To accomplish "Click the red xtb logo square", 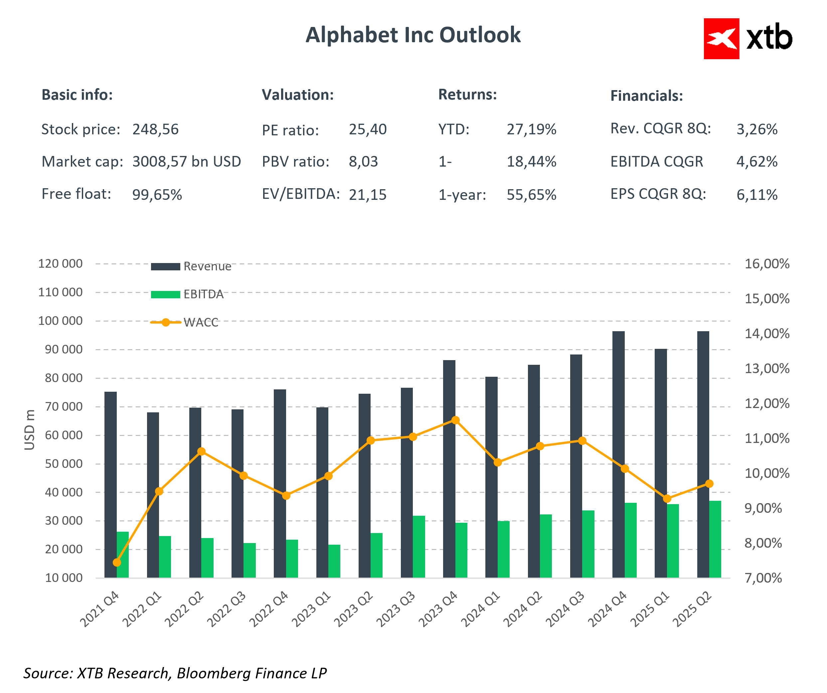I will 721,39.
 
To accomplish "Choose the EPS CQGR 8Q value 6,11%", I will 756,195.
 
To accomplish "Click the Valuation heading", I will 298,95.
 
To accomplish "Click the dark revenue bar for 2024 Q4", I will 618,453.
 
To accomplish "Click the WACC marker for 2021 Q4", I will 116,562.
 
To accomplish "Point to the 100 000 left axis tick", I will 60,321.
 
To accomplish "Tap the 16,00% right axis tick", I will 766,264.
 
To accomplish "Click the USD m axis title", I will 30,430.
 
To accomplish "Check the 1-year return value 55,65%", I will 531,195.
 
